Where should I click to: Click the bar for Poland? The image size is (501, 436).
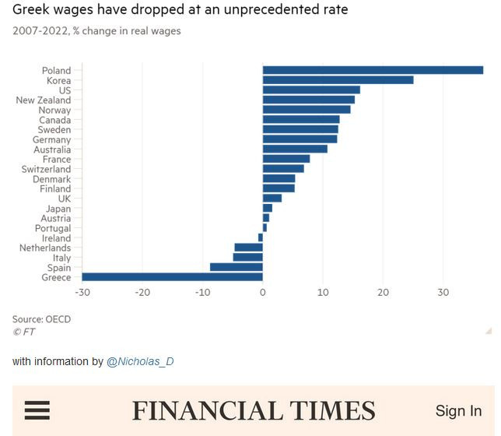373,70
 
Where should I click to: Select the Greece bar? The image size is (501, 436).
172,276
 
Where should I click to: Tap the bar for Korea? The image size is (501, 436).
338,79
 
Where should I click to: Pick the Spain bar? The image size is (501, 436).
236,267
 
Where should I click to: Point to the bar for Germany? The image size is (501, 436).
300,139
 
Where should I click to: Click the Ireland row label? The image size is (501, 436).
56,238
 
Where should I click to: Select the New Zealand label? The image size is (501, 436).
43,100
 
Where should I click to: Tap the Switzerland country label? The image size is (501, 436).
46,169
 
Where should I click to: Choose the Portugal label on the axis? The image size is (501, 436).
53,228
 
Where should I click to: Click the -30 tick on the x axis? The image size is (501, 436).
82,292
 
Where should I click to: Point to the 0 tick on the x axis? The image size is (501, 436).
263,292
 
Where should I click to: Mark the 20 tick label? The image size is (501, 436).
383,292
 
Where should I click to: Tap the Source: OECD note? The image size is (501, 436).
41,319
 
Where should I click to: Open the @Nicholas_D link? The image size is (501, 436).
140,361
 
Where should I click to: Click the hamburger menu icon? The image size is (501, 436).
37,410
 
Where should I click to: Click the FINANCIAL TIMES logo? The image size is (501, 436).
253,410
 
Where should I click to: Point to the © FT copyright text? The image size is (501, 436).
23,332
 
